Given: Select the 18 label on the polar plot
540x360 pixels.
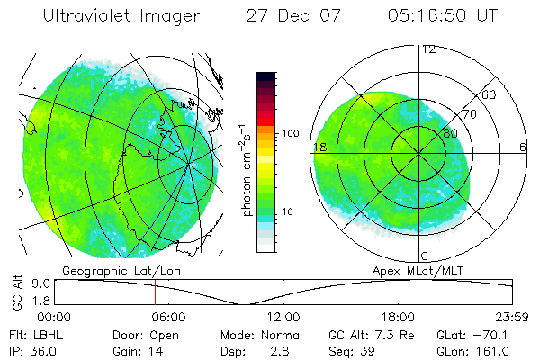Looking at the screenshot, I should pyautogui.click(x=319, y=147).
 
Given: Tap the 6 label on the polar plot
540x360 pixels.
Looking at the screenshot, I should pyautogui.click(x=523, y=147).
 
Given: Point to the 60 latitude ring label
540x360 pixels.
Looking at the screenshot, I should pyautogui.click(x=490, y=94).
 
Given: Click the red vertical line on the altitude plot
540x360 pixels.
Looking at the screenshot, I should pyautogui.click(x=155, y=292).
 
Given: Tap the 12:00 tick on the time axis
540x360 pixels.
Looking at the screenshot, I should pyautogui.click(x=283, y=317).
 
